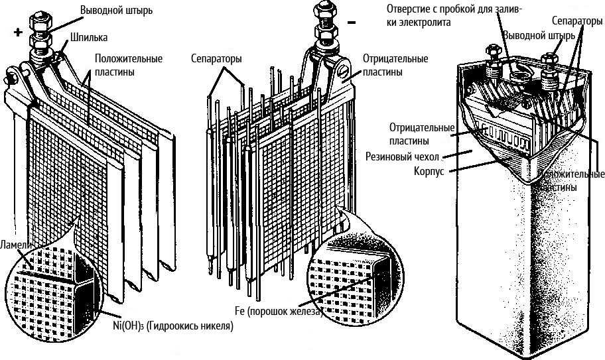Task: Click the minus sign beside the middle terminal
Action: (x=352, y=23)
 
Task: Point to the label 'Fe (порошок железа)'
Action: (x=278, y=311)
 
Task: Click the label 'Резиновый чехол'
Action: (x=402, y=157)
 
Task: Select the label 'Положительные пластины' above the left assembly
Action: (x=128, y=65)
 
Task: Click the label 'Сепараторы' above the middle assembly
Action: (x=216, y=58)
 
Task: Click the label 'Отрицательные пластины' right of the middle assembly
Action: (x=395, y=65)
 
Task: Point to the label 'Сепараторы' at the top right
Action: (x=576, y=22)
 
